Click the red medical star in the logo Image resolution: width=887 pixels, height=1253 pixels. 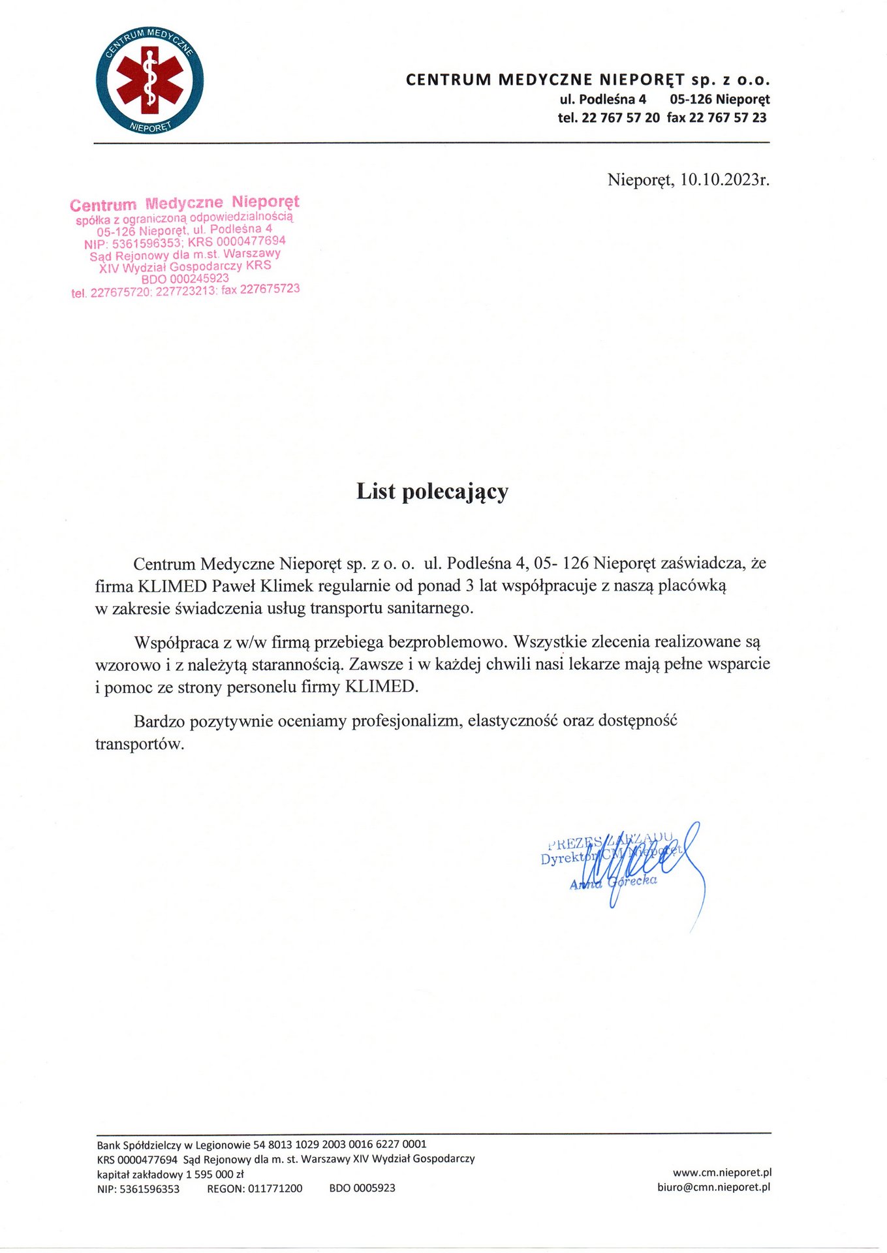149,80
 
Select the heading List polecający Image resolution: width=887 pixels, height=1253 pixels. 432,491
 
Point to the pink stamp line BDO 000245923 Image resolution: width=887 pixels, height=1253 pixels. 185,279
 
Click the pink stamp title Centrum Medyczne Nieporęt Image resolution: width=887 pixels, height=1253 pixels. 185,203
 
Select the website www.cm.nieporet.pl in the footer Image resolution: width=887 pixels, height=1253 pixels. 722,1173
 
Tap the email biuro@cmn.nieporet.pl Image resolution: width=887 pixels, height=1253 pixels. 713,1187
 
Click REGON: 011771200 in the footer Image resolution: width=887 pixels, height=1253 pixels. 255,1188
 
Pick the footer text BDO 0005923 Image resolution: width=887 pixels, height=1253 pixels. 362,1188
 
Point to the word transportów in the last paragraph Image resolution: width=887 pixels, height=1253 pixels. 140,744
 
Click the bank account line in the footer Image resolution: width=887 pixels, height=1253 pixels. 262,1144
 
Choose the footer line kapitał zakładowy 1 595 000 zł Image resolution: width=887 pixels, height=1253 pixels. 170,1174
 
